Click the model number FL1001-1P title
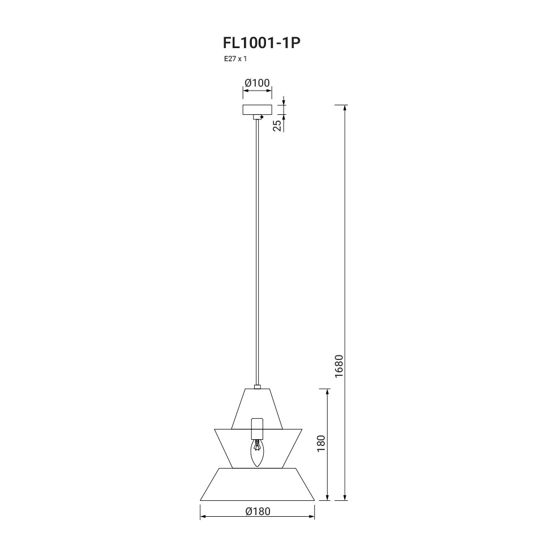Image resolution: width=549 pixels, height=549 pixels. (261, 43)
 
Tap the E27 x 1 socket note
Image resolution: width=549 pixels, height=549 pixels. (235, 59)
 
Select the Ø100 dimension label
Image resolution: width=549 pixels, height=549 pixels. (258, 83)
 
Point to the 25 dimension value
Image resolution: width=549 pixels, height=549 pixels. (277, 125)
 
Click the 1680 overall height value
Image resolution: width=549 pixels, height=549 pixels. (339, 366)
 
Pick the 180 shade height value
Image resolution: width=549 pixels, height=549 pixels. (321, 443)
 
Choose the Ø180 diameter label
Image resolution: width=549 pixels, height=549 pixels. (258, 512)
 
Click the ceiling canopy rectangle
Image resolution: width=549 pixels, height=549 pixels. (258, 110)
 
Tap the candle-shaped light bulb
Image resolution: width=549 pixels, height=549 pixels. (257, 453)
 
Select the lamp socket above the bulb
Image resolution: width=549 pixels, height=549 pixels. (257, 428)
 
